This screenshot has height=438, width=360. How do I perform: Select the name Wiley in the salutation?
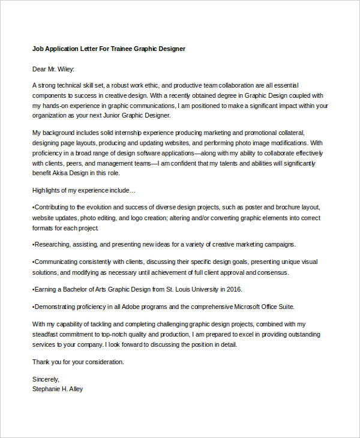pos(64,69)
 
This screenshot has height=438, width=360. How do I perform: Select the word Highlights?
pos(47,190)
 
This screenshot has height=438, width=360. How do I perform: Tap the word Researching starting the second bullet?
pos(53,245)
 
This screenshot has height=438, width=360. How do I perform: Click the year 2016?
pos(233,289)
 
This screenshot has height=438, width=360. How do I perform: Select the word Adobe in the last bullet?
pos(121,307)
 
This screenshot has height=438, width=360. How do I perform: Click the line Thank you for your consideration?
pos(78,362)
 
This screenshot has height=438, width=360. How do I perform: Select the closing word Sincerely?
pos(46,379)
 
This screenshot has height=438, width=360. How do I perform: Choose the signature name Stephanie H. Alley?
pos(58,389)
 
